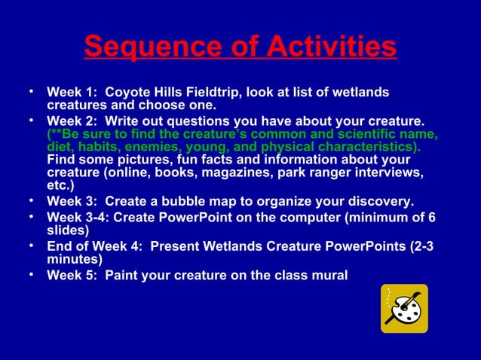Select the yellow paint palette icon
404,308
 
